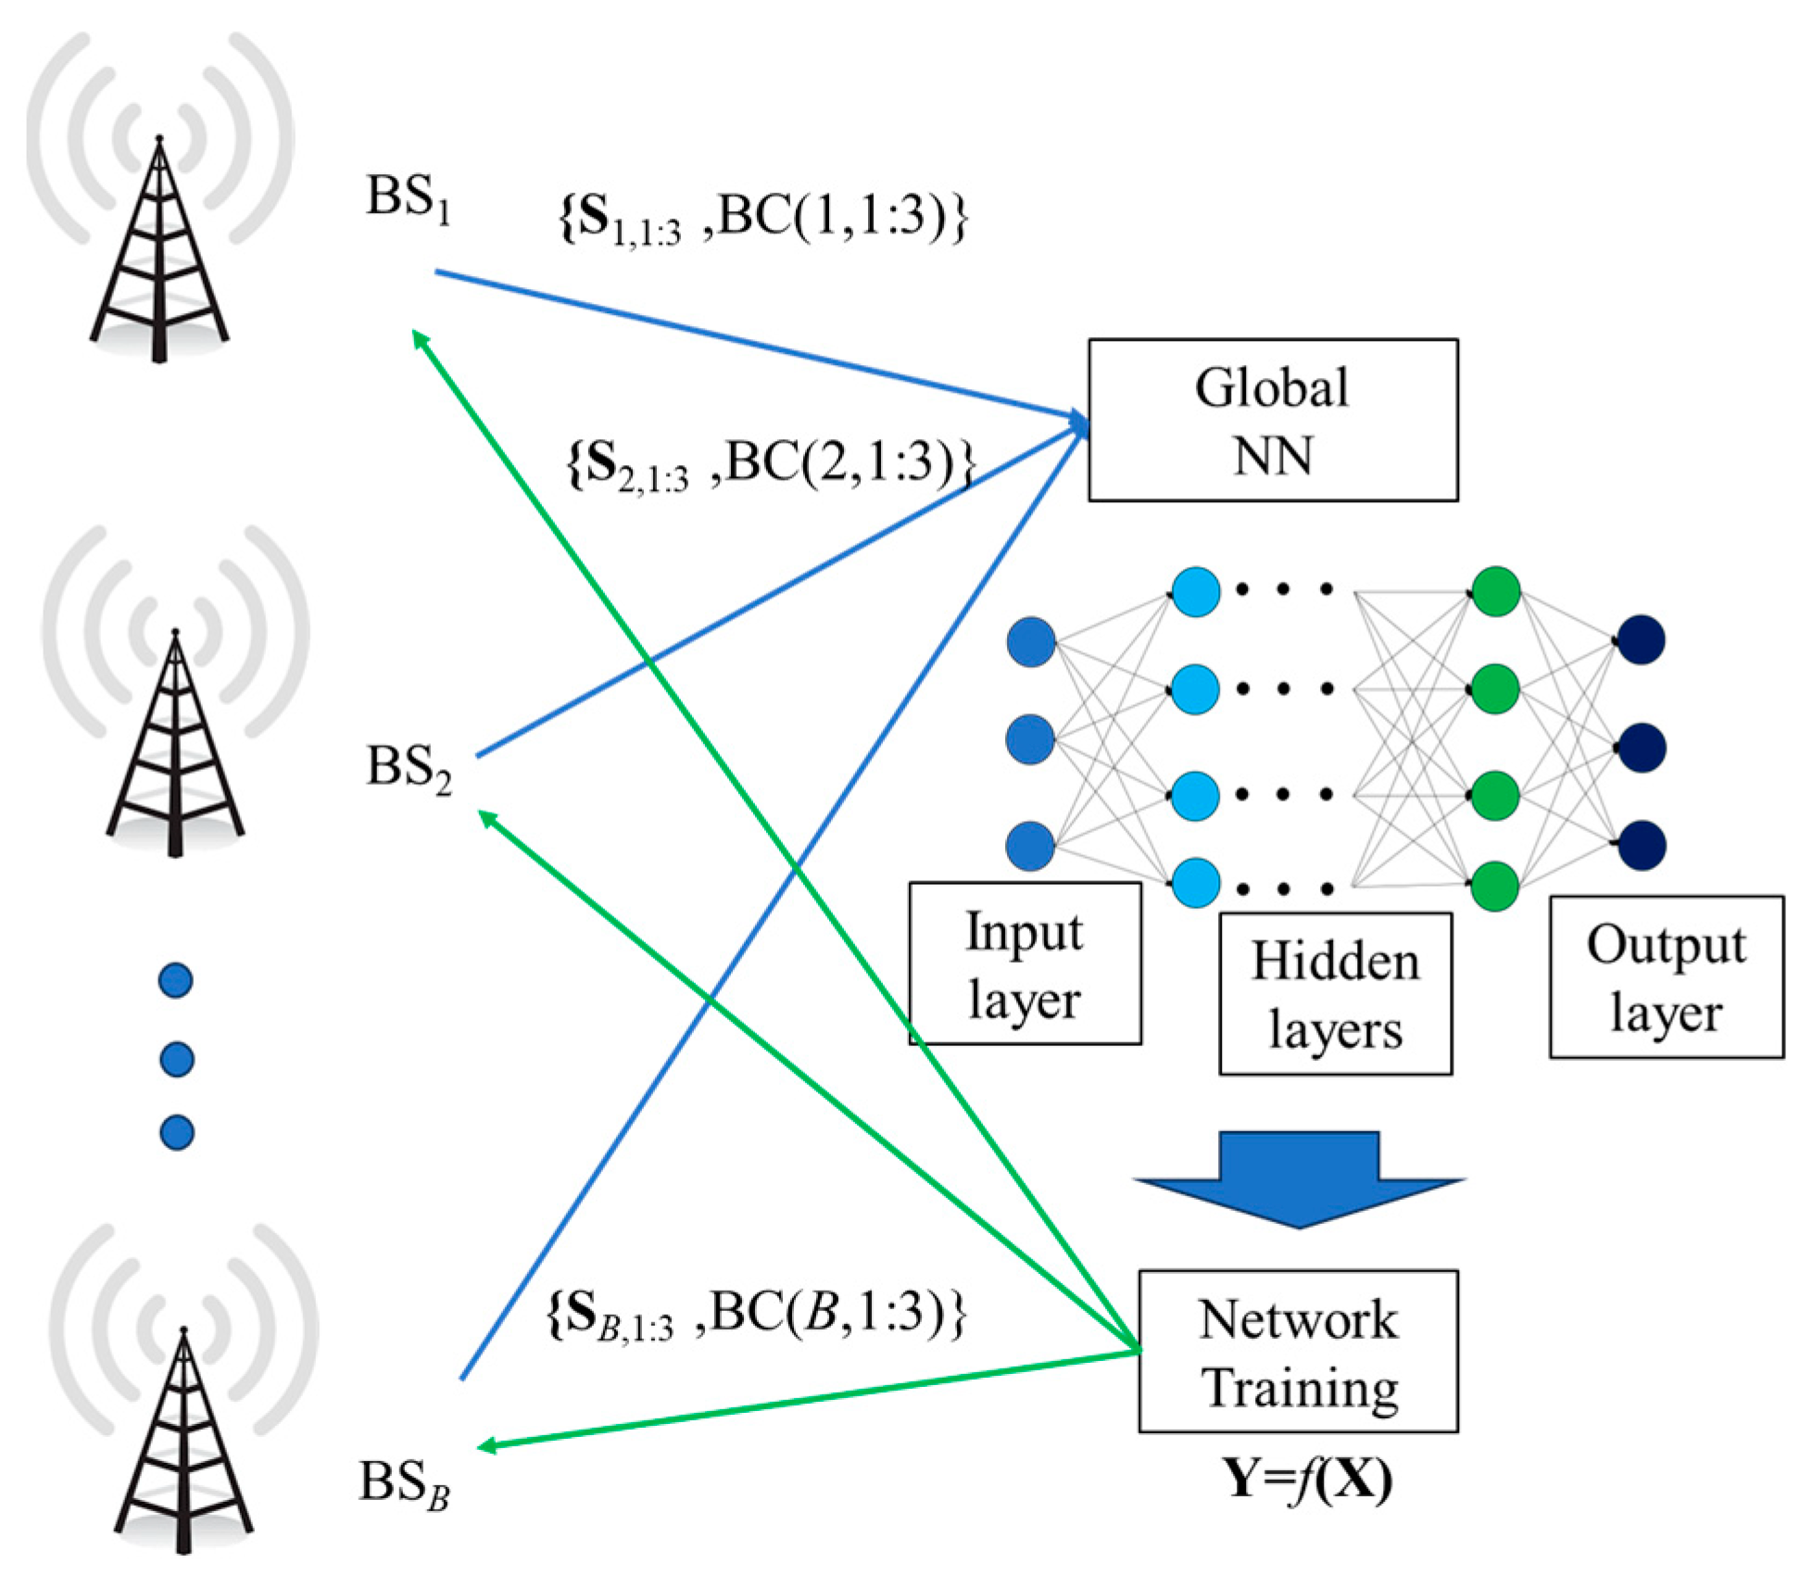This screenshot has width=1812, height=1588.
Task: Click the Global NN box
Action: pos(1272,420)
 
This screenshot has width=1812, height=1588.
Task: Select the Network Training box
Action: pos(1297,1351)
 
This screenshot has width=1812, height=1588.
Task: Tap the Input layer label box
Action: pos(1024,963)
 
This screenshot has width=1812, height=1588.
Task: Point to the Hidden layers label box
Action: pos(1334,993)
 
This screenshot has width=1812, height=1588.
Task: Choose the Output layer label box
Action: pos(1665,976)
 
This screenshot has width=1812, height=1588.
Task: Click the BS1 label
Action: pos(409,198)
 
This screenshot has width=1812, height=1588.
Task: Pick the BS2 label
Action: pos(409,768)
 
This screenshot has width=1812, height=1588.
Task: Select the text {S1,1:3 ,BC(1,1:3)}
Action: pos(761,219)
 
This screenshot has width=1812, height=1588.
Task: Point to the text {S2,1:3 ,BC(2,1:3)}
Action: pos(769,463)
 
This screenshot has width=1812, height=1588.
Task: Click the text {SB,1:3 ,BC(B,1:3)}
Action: pos(755,1314)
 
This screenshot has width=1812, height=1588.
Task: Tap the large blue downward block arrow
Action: pos(1299,1177)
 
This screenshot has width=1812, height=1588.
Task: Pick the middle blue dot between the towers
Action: pos(176,1058)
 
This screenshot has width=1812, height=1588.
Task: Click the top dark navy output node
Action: pos(1641,639)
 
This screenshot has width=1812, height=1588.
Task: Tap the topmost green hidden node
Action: pos(1495,590)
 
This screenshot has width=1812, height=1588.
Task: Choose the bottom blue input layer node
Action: pos(1030,845)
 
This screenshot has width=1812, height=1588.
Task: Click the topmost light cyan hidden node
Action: pos(1195,590)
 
